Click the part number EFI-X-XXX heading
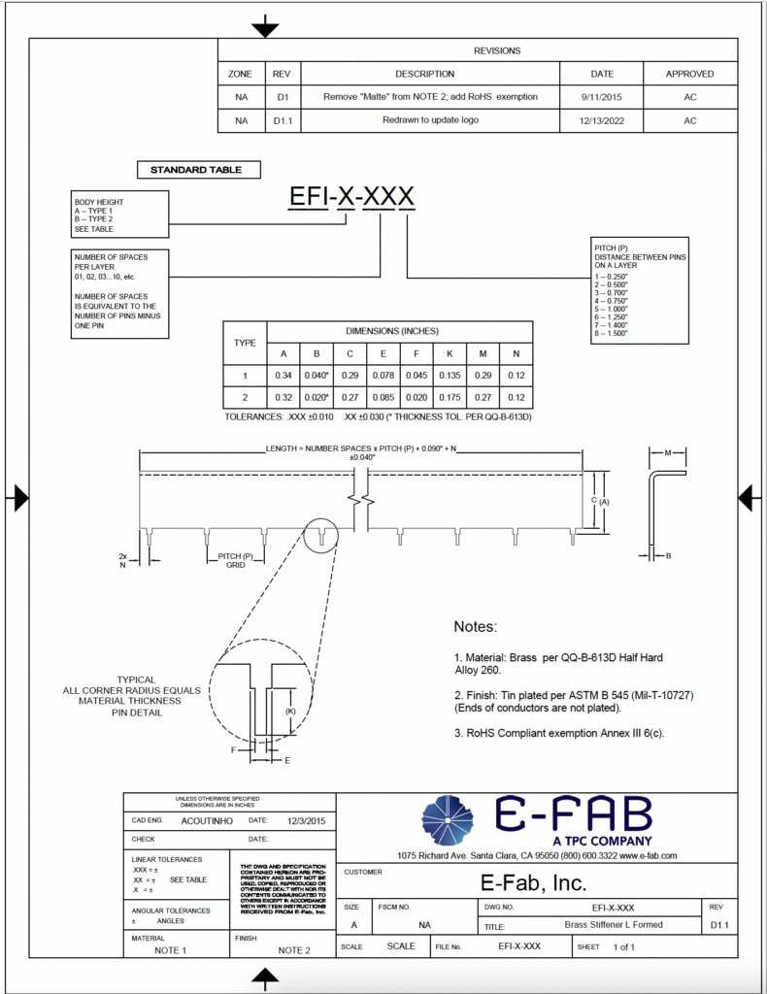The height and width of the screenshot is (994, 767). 352,197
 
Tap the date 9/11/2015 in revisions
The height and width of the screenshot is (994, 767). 602,97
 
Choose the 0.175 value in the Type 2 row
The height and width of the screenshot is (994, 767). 449,397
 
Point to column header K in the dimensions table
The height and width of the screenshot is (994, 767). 449,353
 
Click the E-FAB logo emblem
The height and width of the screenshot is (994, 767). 448,819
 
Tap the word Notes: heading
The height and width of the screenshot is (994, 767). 475,627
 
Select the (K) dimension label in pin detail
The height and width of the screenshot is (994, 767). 290,712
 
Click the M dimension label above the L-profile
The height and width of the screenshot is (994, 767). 668,452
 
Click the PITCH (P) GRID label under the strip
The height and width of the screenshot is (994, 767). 234,560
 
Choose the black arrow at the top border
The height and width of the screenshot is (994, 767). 265,29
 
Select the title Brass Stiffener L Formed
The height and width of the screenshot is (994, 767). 614,924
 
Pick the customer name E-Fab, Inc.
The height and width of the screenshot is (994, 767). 534,882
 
